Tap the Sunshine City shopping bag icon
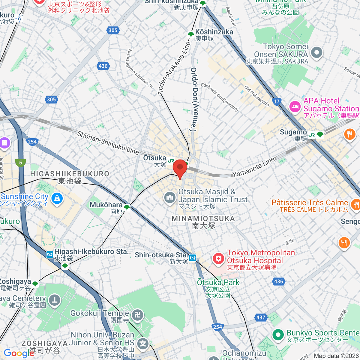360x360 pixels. (x=57, y=198)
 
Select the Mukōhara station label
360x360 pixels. (x=106, y=205)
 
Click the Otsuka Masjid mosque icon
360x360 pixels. (x=170, y=198)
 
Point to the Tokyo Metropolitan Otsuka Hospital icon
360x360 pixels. (x=218, y=259)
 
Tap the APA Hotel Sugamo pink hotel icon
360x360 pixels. (x=295, y=106)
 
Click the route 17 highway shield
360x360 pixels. (x=277, y=101)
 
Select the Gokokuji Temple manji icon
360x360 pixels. (x=138, y=315)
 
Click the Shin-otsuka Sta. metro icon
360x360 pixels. (x=193, y=258)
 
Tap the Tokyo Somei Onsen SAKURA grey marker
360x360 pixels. (x=316, y=53)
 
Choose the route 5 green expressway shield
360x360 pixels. (x=20, y=163)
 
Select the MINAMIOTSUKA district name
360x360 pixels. (x=203, y=218)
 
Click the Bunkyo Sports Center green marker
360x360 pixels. (x=278, y=335)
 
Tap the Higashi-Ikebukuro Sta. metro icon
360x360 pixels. (x=50, y=255)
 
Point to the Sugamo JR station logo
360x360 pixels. (x=312, y=135)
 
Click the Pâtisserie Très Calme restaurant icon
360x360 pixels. (x=355, y=205)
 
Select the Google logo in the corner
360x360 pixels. (x=19, y=353)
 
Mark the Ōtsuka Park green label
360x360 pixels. (x=218, y=282)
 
